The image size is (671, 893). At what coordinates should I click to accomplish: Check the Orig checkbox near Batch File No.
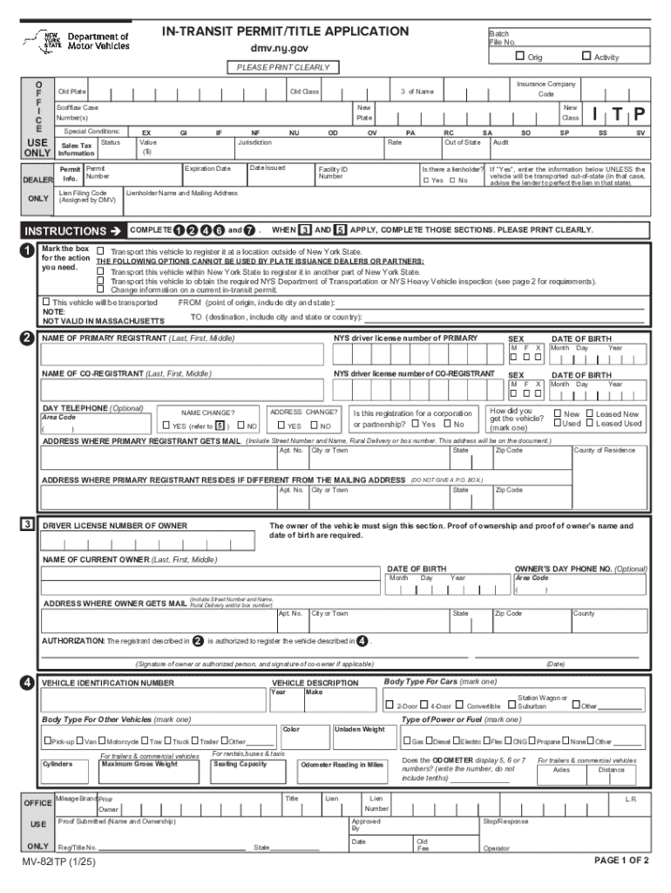click(520, 57)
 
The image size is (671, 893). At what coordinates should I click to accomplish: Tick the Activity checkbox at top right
click(586, 57)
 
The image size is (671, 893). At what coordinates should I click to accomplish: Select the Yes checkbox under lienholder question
click(426, 181)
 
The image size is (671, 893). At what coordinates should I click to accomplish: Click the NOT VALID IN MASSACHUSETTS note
click(104, 321)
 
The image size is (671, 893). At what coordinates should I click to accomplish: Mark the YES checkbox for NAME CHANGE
click(166, 426)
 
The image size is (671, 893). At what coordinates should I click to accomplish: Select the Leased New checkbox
click(590, 414)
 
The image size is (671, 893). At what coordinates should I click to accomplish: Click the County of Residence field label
click(604, 451)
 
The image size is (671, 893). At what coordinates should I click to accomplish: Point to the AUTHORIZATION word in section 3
click(73, 641)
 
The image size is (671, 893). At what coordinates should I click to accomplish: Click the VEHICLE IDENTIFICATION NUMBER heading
click(108, 683)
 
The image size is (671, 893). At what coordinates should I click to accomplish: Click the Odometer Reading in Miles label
click(342, 765)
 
